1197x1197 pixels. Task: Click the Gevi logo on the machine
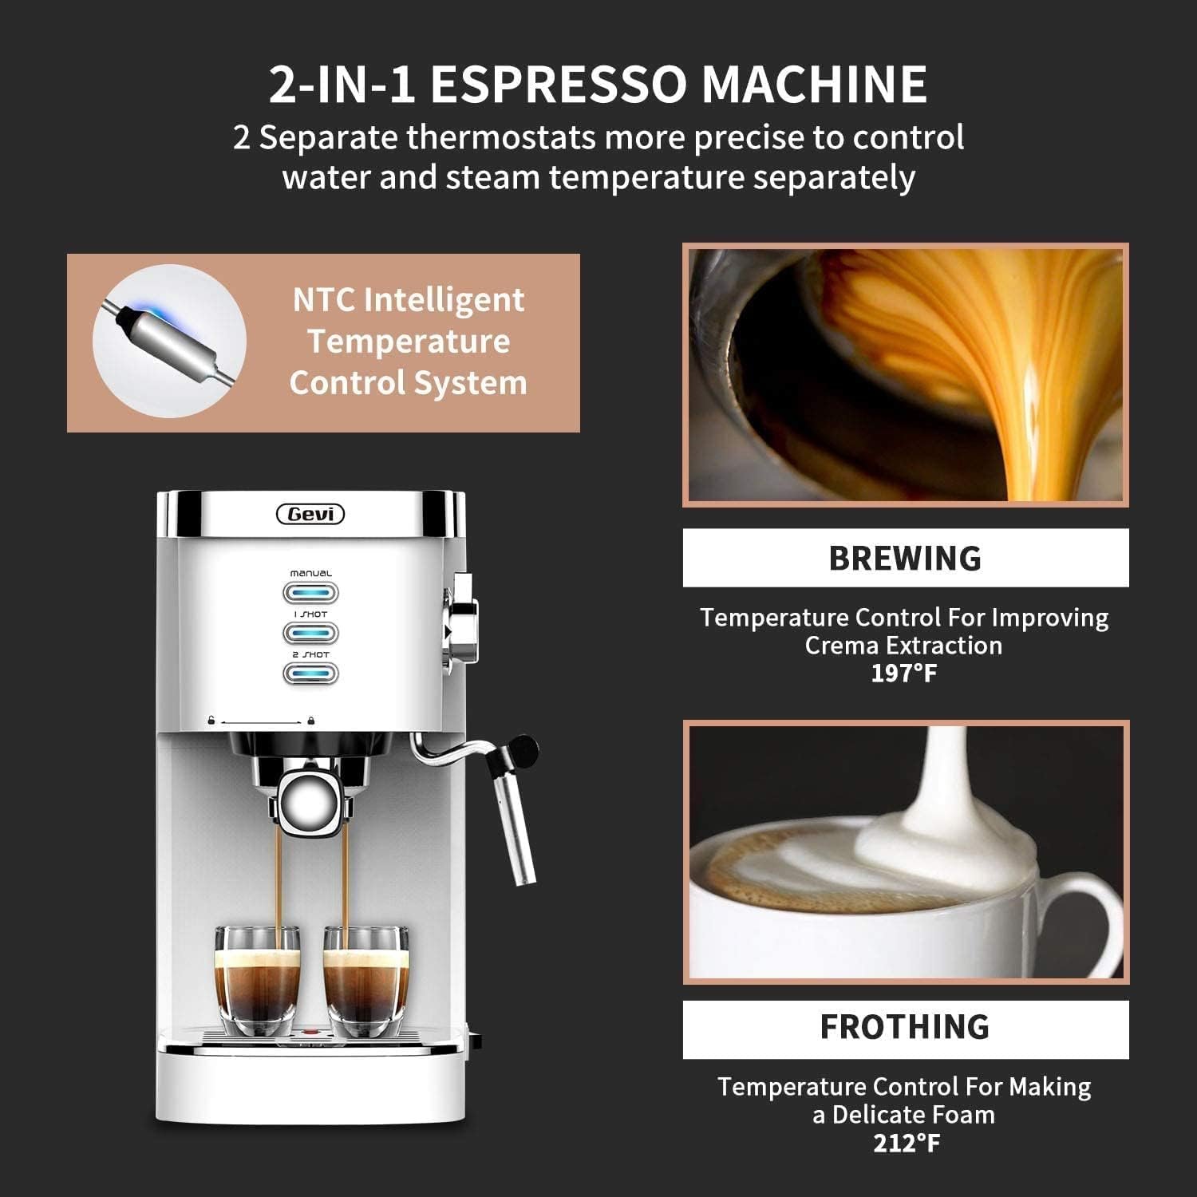click(310, 515)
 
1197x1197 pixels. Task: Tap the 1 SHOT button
click(310, 633)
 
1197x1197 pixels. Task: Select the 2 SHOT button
click(310, 673)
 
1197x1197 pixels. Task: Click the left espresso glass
click(257, 982)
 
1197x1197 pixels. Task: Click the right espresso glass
click(365, 982)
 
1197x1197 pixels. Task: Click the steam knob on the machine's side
click(461, 618)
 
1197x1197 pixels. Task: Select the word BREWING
click(905, 558)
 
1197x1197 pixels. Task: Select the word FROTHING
click(905, 1027)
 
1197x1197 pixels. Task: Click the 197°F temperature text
click(904, 674)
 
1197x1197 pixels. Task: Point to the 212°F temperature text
click(907, 1143)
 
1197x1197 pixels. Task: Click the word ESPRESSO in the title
click(558, 84)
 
